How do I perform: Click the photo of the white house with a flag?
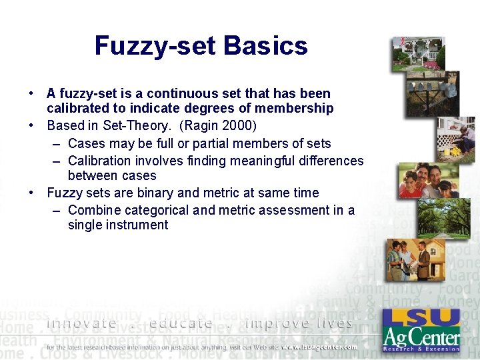click(x=418, y=54)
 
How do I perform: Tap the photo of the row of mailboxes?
click(x=433, y=93)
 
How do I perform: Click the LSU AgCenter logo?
click(x=421, y=329)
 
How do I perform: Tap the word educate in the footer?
click(x=181, y=324)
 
